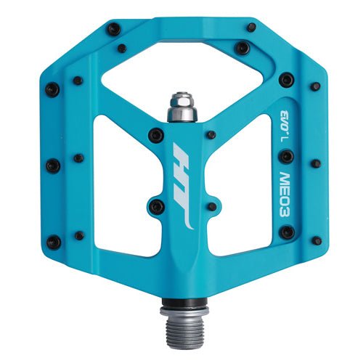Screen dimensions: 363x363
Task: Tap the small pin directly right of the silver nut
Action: coord(211,134)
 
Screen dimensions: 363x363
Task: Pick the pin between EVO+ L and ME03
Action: coord(287,155)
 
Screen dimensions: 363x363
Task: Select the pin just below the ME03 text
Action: coord(287,232)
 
